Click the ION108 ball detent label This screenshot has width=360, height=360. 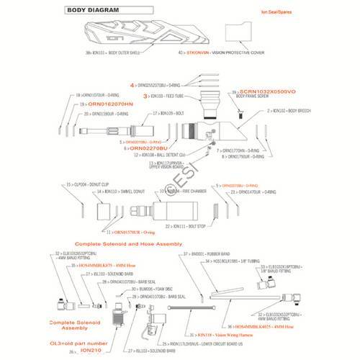tap(158, 155)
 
